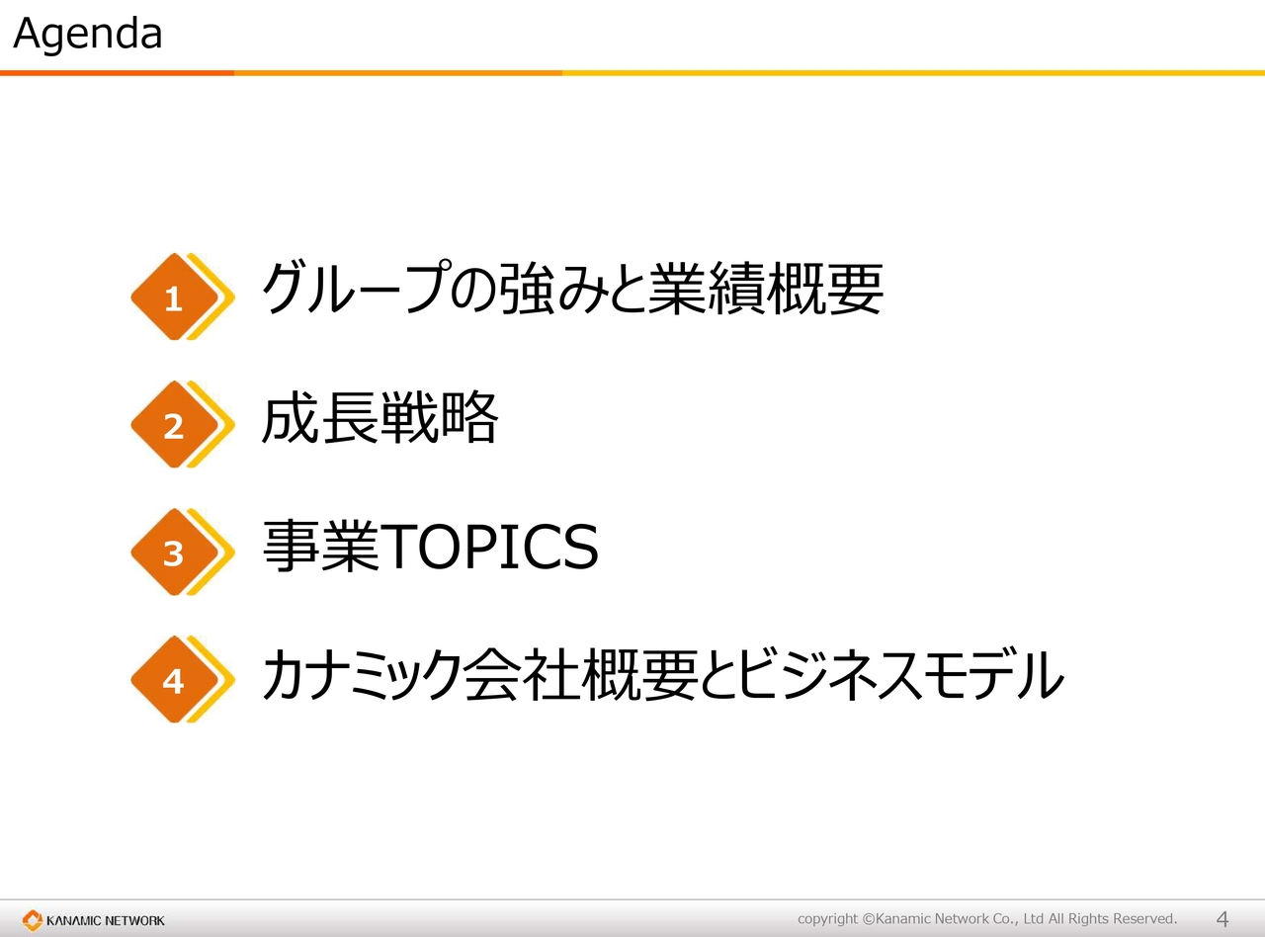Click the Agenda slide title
[87, 35]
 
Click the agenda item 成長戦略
[379, 418]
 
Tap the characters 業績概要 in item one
[766, 289]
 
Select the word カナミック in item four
[361, 674]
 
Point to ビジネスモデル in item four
[900, 674]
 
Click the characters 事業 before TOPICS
[320, 547]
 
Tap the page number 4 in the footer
[1222, 919]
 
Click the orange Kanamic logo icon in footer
[33, 920]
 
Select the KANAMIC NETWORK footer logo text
[106, 920]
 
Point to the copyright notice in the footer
[987, 919]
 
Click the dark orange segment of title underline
[117, 73]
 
